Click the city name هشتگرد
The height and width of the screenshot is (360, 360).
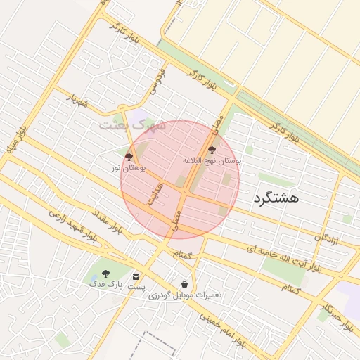[x=276, y=198]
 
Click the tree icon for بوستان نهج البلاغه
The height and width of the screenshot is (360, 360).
[x=212, y=149]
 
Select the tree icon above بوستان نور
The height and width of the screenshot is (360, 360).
[x=129, y=157]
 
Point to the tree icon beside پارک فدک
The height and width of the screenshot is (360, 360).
[x=105, y=274]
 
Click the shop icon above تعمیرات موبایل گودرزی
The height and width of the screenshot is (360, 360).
[x=184, y=284]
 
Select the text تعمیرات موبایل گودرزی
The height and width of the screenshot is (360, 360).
[x=185, y=295]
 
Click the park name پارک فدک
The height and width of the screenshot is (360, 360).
[x=105, y=285]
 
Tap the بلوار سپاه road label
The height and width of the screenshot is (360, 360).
[x=16, y=142]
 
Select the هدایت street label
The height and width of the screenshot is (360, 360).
[x=155, y=195]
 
